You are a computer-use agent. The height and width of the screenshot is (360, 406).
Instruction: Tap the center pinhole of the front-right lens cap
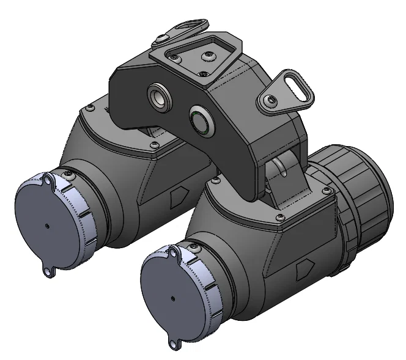(x=173, y=299)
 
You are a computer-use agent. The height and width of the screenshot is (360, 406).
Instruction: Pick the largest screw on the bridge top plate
(x=206, y=56)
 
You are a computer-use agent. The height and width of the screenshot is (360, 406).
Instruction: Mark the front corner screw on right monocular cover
(x=279, y=218)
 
